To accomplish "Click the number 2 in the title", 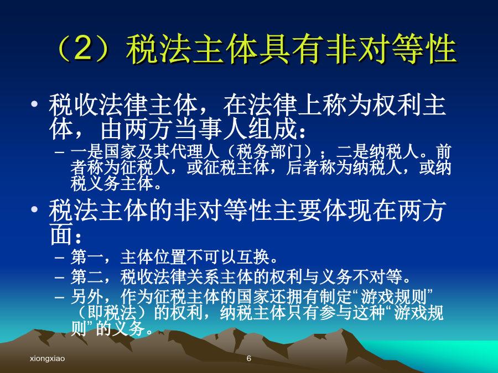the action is [x=83, y=49].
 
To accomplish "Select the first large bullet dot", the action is [x=34, y=104].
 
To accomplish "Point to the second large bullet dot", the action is [x=34, y=209].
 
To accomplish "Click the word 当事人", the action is [x=211, y=129].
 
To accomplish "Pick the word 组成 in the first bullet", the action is [x=272, y=129].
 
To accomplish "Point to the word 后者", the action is [x=302, y=167].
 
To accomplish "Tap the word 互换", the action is [x=253, y=256].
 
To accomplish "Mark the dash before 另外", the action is [x=59, y=297].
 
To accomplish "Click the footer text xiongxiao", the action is [x=48, y=359].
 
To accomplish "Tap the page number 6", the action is [x=249, y=359].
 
